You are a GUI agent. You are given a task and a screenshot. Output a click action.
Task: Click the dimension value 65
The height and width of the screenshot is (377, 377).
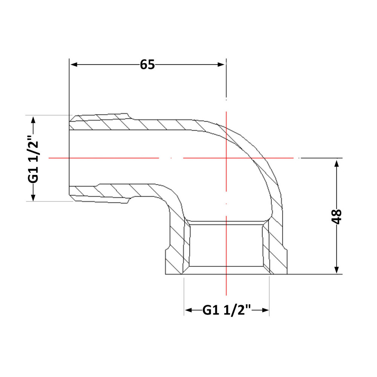(x=147, y=65)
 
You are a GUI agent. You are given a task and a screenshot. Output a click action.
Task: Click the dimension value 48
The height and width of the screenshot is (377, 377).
(x=337, y=216)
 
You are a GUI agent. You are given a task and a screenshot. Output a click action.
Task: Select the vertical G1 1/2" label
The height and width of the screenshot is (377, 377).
(x=33, y=159)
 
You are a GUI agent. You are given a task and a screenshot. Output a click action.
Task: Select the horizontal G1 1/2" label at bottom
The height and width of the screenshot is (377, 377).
(x=227, y=310)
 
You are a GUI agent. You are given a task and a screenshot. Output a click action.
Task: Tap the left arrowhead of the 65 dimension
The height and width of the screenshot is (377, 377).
(x=74, y=64)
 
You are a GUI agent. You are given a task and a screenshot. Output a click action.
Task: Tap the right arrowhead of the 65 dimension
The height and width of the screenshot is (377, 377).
(x=221, y=64)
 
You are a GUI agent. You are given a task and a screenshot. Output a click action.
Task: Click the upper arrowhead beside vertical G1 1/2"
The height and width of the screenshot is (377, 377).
(x=33, y=120)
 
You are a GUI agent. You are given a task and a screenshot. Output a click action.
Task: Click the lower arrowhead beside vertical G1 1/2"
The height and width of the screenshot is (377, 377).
(x=33, y=197)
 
